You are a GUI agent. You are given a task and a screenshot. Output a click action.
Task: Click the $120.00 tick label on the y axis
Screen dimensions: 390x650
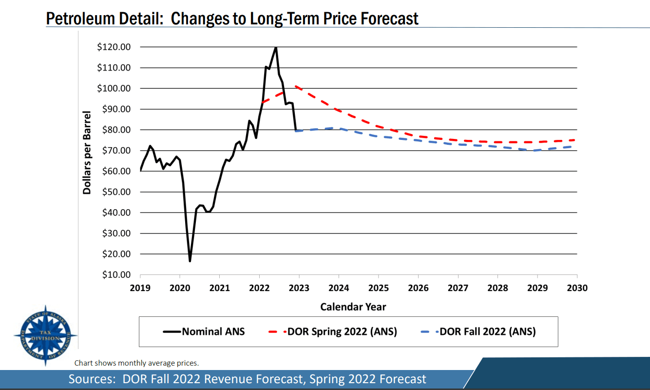(x=114, y=47)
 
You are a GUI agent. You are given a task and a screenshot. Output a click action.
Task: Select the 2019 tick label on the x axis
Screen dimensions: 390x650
(x=140, y=288)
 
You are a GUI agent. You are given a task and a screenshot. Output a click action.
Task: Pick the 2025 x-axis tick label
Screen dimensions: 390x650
(x=379, y=288)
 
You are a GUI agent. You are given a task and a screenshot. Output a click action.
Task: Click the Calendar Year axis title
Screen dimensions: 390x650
(x=353, y=307)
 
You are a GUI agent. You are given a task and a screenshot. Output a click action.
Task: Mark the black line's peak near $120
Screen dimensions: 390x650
(x=276, y=47)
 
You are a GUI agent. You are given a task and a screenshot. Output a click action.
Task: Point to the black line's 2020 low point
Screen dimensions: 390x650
(x=190, y=261)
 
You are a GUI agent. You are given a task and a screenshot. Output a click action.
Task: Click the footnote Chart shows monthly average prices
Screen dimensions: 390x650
(x=136, y=363)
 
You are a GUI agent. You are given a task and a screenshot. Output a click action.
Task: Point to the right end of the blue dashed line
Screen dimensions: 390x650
(x=576, y=146)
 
